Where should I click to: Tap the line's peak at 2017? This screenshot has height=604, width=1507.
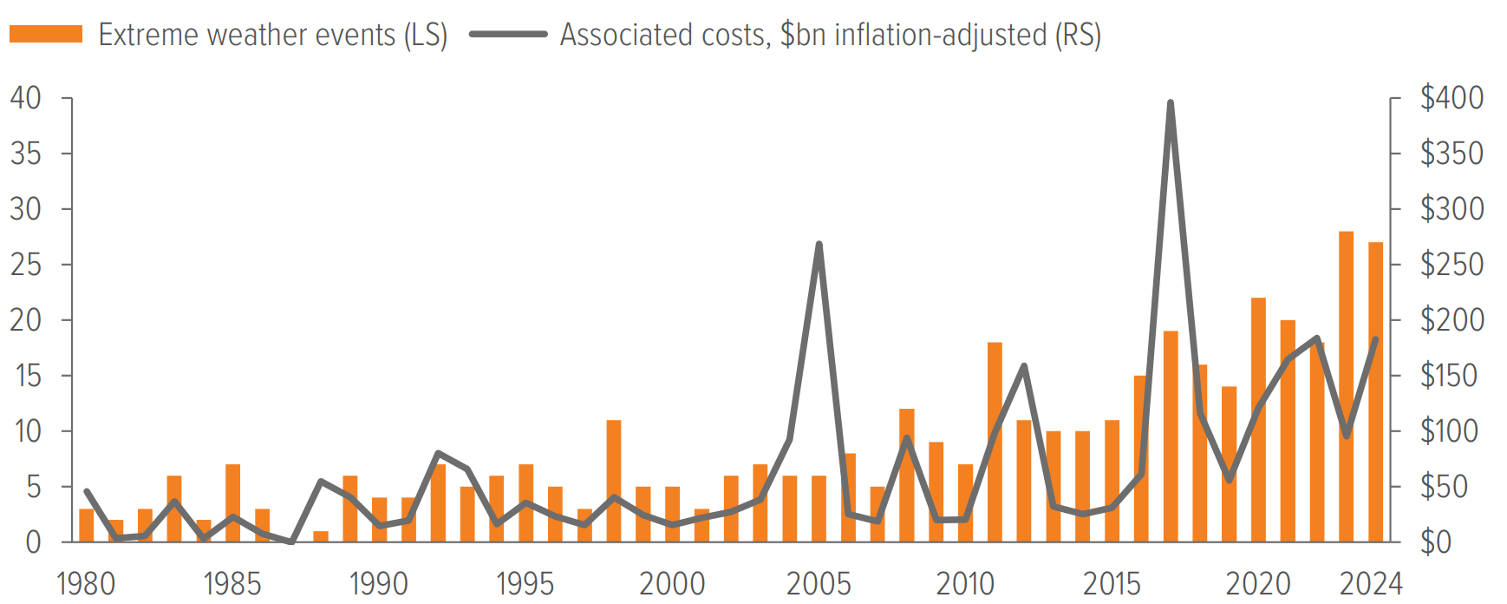click(x=1171, y=103)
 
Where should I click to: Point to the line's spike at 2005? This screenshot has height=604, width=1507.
click(x=819, y=245)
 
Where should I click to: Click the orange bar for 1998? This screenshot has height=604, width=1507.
click(x=614, y=481)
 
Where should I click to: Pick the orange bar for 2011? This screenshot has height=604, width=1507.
click(x=995, y=443)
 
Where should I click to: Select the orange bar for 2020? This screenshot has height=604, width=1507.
click(x=1258, y=420)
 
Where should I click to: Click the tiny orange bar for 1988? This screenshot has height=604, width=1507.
click(x=321, y=536)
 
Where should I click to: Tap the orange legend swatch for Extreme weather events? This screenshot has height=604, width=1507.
click(x=46, y=35)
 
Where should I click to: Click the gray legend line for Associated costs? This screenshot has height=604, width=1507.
click(x=508, y=35)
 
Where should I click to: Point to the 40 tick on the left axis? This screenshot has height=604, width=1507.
click(x=26, y=98)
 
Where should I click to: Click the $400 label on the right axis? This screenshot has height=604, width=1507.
click(x=1452, y=98)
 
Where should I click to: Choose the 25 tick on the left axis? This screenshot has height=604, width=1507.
click(x=26, y=265)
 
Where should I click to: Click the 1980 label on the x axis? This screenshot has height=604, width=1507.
click(x=86, y=584)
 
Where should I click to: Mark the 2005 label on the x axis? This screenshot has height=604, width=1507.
click(x=819, y=584)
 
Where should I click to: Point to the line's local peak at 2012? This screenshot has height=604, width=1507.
click(x=1024, y=366)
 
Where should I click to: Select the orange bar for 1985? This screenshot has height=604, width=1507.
click(x=232, y=503)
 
